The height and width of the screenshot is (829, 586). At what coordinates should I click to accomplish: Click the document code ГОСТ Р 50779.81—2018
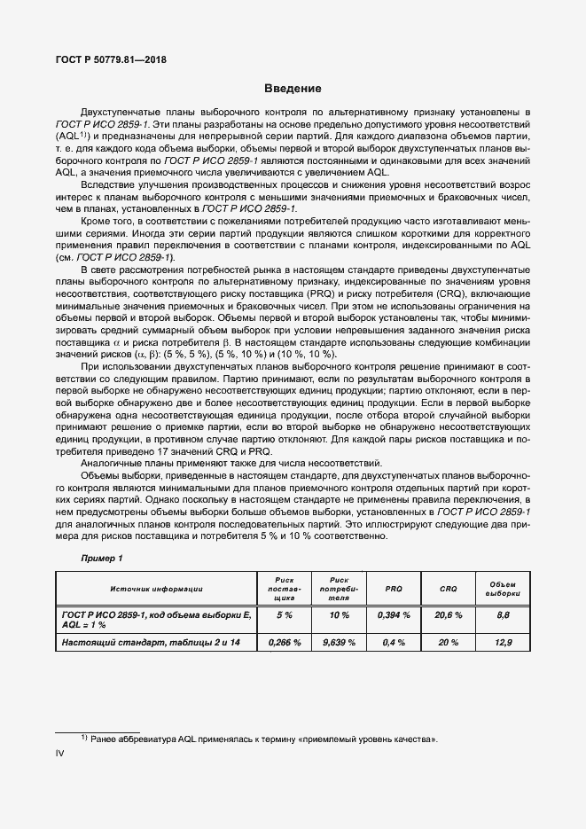point(106,60)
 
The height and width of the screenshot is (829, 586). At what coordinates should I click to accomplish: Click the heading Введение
point(293,90)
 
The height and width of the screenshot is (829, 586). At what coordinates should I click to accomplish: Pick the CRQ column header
point(449,589)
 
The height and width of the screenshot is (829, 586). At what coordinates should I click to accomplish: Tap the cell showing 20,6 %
point(449,614)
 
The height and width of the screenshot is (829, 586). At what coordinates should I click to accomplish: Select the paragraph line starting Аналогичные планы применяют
point(230,464)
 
